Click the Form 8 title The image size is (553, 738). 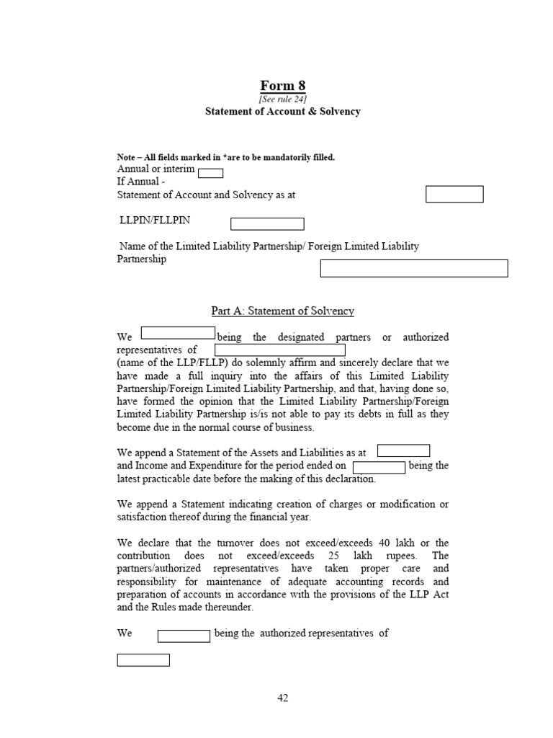click(282, 86)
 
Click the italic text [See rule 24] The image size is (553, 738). click(282, 99)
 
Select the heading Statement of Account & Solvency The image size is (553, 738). click(282, 112)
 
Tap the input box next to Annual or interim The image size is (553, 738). click(210, 173)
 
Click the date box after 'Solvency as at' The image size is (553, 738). click(454, 195)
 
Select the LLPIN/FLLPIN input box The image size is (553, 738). click(267, 224)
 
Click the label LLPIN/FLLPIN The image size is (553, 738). click(155, 220)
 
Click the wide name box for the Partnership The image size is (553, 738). click(413, 269)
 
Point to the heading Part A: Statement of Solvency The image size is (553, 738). click(282, 311)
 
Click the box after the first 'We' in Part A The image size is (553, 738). click(178, 333)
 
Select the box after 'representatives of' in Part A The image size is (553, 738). click(279, 350)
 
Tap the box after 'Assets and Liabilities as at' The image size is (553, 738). click(403, 451)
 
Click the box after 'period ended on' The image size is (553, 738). click(379, 468)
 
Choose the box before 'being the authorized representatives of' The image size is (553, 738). click(184, 636)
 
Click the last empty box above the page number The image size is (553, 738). click(143, 660)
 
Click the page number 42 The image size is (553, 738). click(283, 698)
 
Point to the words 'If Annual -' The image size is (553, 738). click(141, 182)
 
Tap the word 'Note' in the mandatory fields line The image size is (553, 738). click(127, 157)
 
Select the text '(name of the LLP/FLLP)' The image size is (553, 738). click(167, 363)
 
